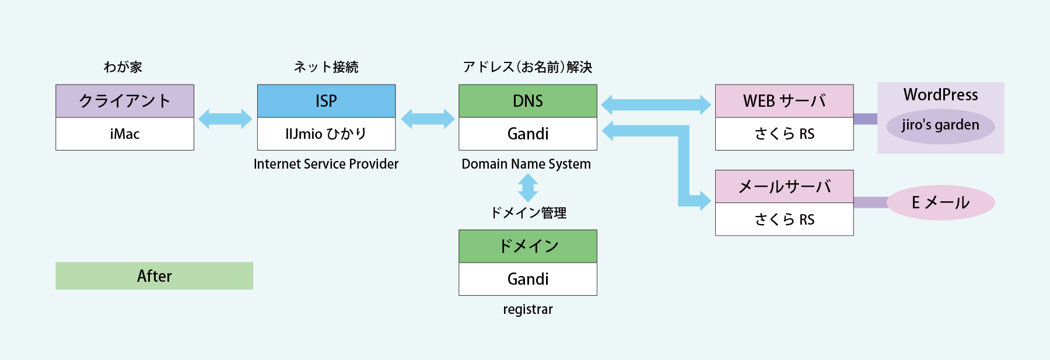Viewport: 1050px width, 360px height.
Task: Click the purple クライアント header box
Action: (x=125, y=101)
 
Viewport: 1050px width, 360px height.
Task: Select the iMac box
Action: (x=125, y=134)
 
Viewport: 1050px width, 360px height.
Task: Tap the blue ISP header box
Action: (x=326, y=101)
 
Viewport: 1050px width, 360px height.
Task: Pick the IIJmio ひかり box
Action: (x=326, y=134)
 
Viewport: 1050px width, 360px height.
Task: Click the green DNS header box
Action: (x=528, y=101)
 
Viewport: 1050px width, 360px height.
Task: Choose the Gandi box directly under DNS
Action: (x=528, y=134)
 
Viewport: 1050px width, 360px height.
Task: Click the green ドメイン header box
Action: (x=528, y=246)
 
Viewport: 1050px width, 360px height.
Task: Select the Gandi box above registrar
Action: (x=528, y=279)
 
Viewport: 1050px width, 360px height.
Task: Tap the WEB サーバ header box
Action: (x=785, y=101)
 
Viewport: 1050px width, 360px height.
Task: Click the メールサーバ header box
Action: (x=785, y=187)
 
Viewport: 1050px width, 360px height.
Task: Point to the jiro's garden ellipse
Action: (x=940, y=125)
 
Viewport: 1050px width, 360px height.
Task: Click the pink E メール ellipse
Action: (x=940, y=202)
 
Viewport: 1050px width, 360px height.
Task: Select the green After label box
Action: (x=155, y=276)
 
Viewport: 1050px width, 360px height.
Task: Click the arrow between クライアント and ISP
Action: (x=225, y=119)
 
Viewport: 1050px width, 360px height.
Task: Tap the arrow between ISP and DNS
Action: (x=428, y=119)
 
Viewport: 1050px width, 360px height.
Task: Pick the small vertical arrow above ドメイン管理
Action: (x=528, y=188)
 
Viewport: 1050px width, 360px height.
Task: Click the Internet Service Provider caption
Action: (x=326, y=164)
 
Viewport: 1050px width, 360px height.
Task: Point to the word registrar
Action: (x=528, y=309)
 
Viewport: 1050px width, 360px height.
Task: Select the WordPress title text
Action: (x=940, y=95)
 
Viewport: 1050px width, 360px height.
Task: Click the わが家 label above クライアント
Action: (x=123, y=67)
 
